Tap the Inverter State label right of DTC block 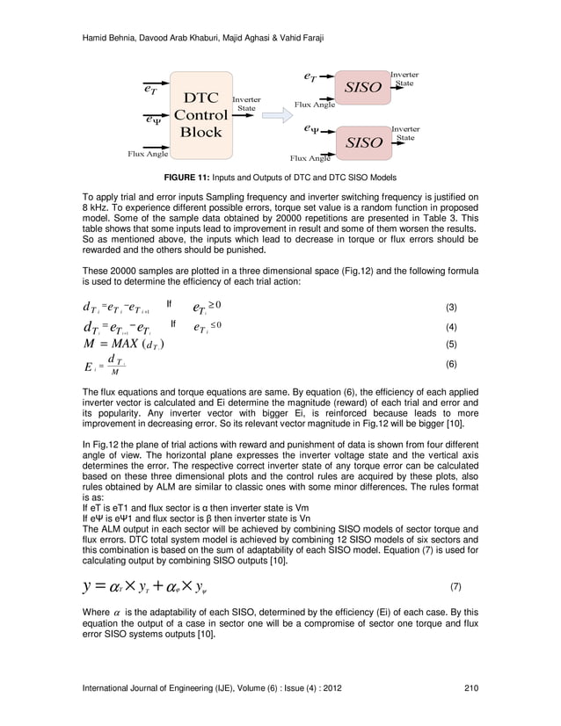pos(246,104)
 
